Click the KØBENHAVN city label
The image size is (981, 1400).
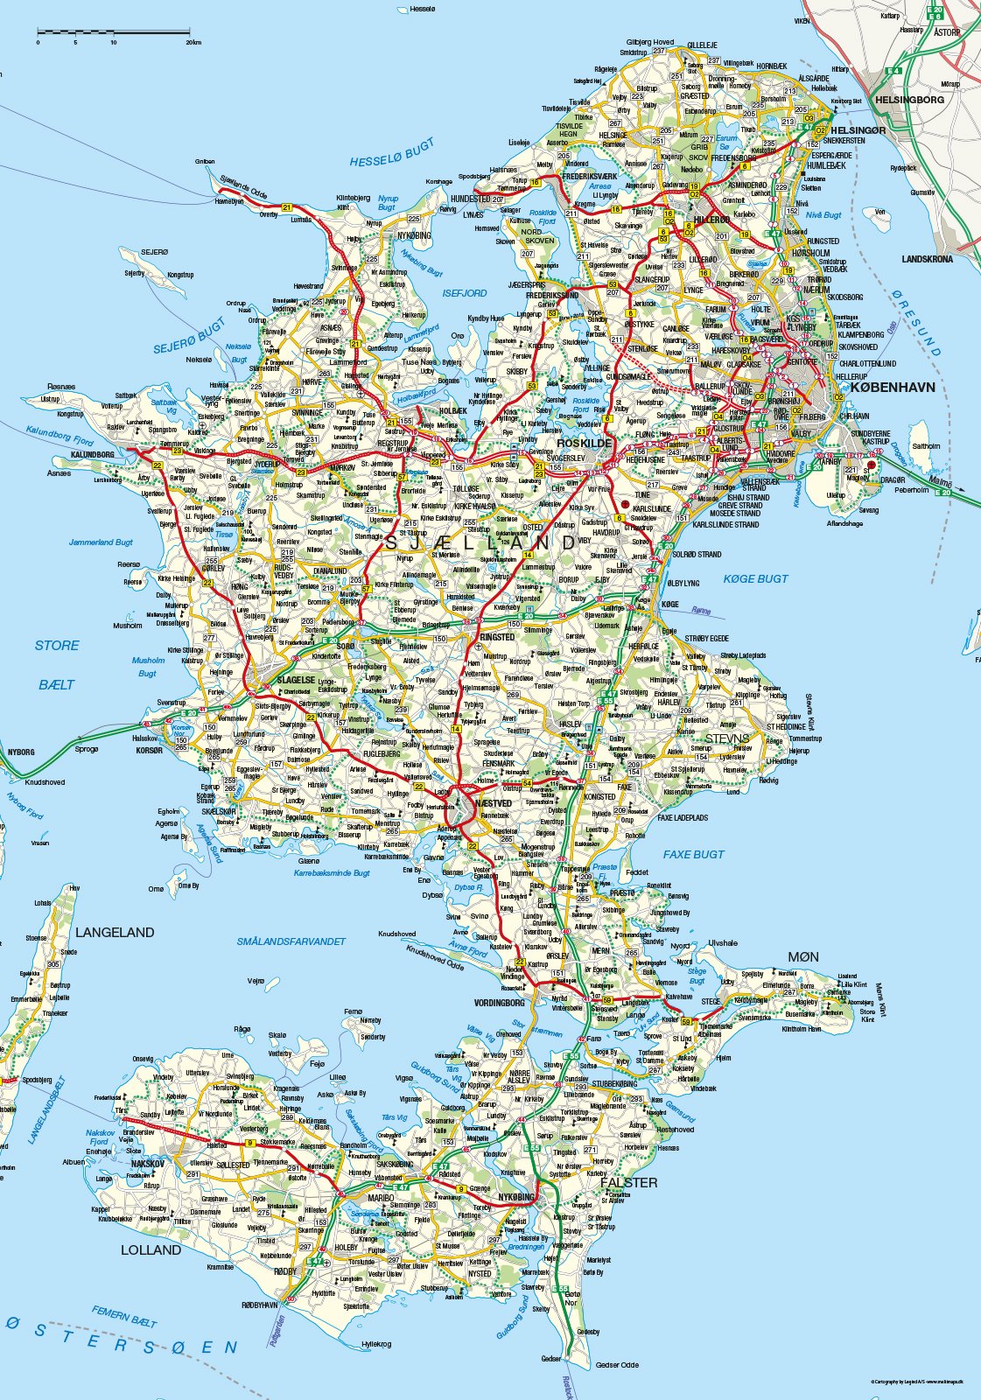[892, 387]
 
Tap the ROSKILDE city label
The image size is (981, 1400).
[584, 443]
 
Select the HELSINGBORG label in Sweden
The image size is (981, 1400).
[909, 100]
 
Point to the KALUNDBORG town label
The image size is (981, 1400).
[92, 455]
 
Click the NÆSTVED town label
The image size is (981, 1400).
[493, 803]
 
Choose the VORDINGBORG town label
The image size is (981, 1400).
[500, 1003]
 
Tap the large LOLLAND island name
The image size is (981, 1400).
[151, 1249]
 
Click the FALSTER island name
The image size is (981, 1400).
[628, 1182]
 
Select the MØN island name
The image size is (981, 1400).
[802, 956]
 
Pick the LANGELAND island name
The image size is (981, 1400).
[115, 933]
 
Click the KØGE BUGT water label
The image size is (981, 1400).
[755, 578]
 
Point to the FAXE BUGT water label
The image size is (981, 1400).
[693, 854]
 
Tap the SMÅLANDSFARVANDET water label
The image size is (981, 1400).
[291, 941]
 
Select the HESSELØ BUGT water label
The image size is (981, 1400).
[391, 154]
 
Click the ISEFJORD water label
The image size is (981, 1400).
[464, 293]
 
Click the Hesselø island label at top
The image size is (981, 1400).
[422, 9]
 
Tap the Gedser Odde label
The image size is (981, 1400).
[618, 1364]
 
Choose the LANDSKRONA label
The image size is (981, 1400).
[927, 259]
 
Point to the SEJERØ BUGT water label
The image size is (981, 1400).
[189, 336]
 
